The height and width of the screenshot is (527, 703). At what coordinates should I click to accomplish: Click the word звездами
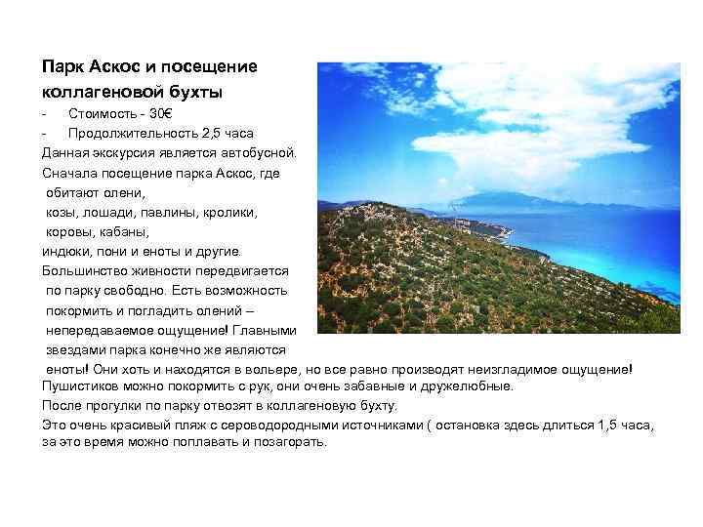coord(75,349)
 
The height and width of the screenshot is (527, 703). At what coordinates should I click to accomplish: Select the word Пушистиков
coord(82,385)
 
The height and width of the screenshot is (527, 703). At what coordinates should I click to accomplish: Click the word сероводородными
coord(304,425)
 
